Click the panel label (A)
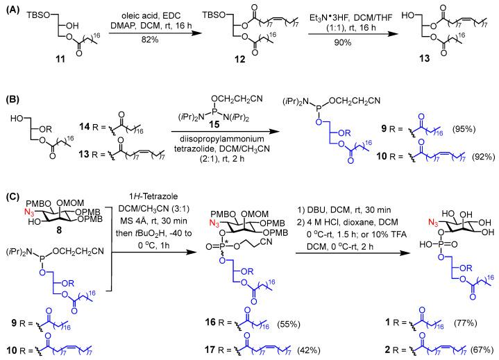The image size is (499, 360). (10, 9)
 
